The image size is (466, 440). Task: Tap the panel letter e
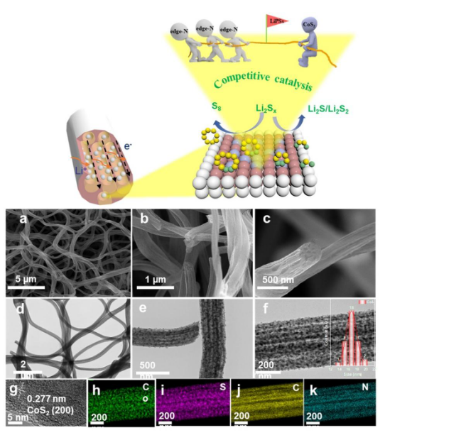point(144,310)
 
